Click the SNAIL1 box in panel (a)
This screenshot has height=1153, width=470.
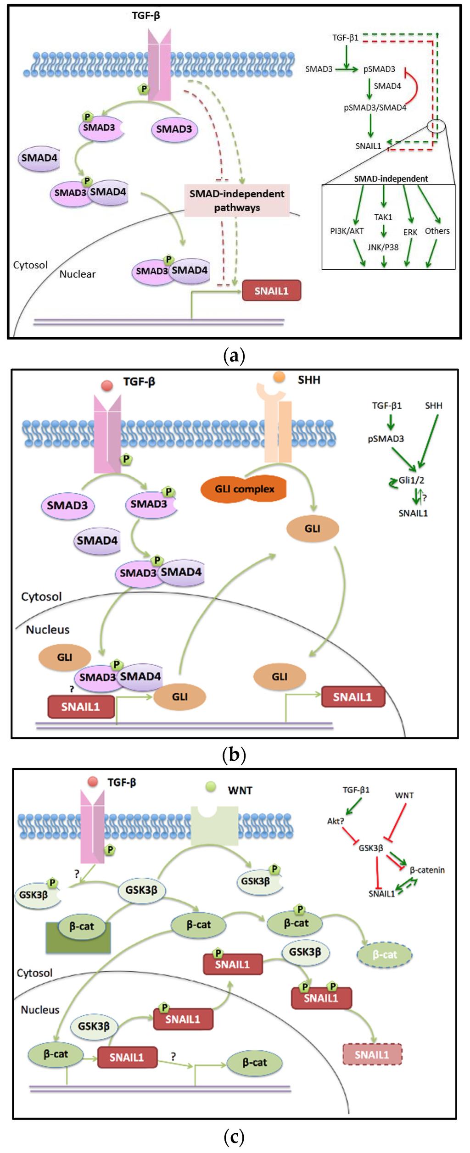pyautogui.click(x=271, y=291)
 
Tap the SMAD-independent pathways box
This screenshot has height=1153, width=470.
pyautogui.click(x=237, y=201)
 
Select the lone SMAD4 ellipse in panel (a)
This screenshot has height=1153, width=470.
pyautogui.click(x=39, y=158)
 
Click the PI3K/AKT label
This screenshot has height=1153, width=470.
pyautogui.click(x=347, y=231)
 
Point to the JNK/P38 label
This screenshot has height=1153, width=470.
pyautogui.click(x=383, y=247)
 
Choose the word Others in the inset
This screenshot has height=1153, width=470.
pyautogui.click(x=437, y=231)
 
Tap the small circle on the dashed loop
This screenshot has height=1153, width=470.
pyautogui.click(x=436, y=126)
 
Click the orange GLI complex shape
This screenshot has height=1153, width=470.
pyautogui.click(x=244, y=489)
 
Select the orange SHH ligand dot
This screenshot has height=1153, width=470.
pyautogui.click(x=279, y=377)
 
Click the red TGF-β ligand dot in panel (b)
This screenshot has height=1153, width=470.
pyautogui.click(x=107, y=385)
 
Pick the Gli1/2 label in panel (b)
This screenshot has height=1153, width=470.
pyautogui.click(x=411, y=480)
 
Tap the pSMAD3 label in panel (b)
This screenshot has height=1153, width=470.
pyautogui.click(x=386, y=439)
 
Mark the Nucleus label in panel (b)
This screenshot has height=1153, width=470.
pyautogui.click(x=48, y=629)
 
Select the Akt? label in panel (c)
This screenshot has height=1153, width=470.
pyautogui.click(x=335, y=821)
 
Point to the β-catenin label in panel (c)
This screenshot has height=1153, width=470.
pyautogui.click(x=427, y=870)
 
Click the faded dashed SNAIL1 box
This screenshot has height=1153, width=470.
pyautogui.click(x=372, y=1054)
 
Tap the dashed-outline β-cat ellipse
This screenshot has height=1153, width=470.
pyautogui.click(x=385, y=954)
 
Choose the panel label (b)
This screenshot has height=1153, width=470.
pyautogui.click(x=234, y=754)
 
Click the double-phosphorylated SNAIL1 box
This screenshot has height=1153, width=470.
pyautogui.click(x=321, y=998)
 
